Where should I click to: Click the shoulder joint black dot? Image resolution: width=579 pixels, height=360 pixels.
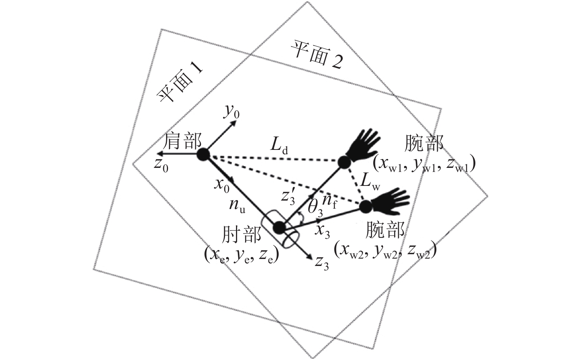[203, 155]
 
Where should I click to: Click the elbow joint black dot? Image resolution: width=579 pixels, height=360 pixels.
[279, 227]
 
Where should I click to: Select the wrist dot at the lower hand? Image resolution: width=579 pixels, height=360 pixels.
[365, 206]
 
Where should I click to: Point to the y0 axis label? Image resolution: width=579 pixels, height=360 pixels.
[231, 111]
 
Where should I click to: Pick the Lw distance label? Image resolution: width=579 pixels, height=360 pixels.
[370, 183]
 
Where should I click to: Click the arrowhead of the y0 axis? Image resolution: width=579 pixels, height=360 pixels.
[234, 123]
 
